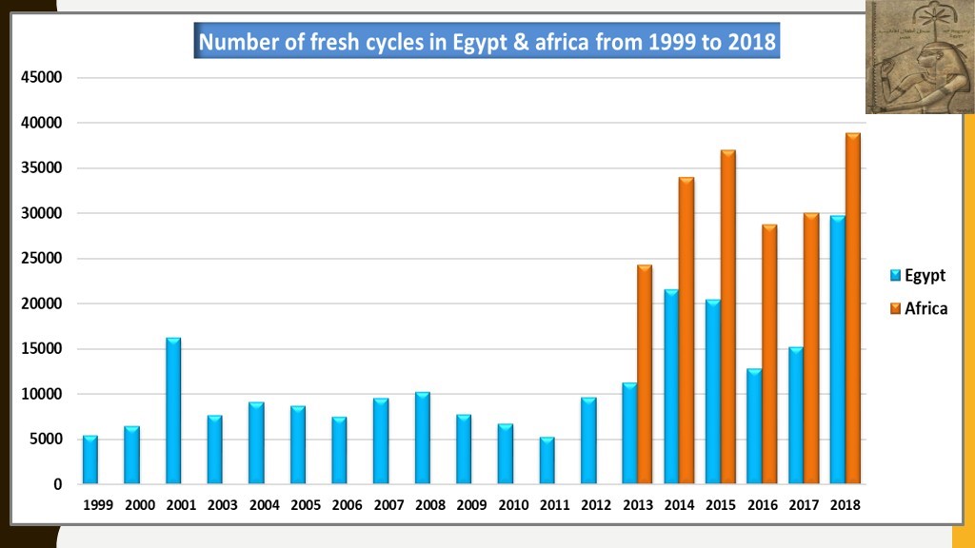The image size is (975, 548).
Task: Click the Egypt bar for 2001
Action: tap(173, 411)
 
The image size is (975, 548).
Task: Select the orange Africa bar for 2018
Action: tap(853, 308)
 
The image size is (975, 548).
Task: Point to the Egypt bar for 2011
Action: tap(547, 460)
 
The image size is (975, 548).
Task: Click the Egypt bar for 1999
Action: tap(90, 460)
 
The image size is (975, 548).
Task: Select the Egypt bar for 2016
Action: tap(754, 426)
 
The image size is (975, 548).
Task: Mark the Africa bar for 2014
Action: tap(686, 330)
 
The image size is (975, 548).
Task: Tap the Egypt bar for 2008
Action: tap(423, 438)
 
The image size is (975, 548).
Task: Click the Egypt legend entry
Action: tap(918, 276)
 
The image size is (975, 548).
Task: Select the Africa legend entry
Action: tap(919, 308)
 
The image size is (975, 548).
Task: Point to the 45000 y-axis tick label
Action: tap(43, 78)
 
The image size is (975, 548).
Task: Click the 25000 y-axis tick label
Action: tap(43, 259)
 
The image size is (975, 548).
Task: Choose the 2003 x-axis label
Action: tap(222, 506)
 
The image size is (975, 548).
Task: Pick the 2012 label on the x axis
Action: tap(596, 506)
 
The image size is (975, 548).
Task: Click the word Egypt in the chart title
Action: tap(482, 43)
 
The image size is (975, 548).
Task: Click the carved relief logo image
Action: tap(919, 57)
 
